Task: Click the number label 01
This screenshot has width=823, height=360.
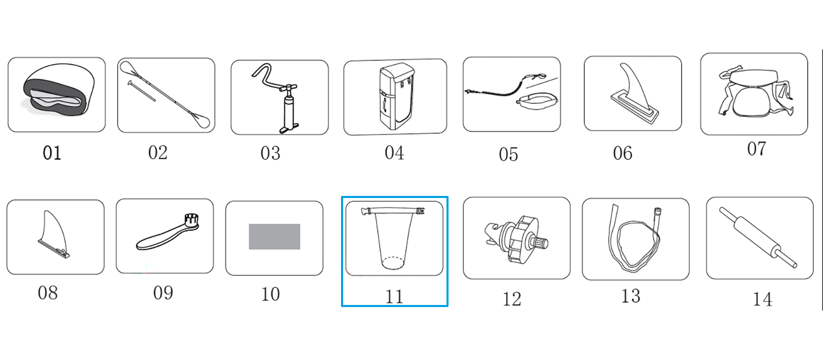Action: point(52,153)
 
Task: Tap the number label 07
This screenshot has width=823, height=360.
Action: point(757,149)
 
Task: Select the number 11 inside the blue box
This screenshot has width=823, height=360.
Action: point(394,296)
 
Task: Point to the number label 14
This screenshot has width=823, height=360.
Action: point(762,299)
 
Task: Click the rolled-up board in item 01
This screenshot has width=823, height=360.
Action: point(58,90)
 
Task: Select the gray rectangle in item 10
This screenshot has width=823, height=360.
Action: point(275,237)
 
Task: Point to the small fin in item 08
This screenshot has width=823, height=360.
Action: point(54,235)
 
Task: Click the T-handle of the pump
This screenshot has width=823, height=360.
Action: point(289,88)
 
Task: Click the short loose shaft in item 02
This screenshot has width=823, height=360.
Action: point(142,91)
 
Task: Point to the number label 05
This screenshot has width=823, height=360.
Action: point(509,155)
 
